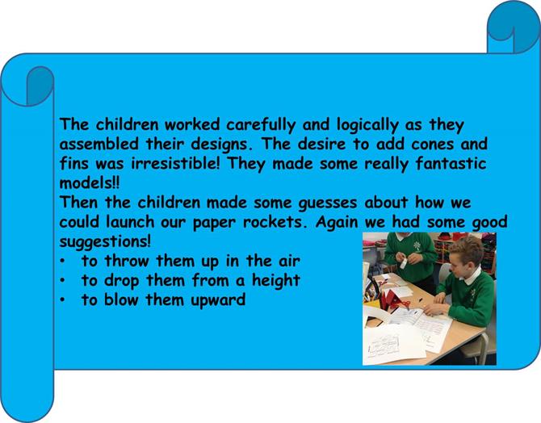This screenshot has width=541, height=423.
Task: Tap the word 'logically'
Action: (367, 125)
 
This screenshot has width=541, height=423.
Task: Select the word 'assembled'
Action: (99, 144)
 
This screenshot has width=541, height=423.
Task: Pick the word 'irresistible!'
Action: (175, 164)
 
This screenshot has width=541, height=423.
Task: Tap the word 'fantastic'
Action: (451, 164)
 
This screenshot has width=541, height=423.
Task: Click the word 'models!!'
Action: (89, 183)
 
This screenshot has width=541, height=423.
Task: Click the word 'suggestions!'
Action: (105, 242)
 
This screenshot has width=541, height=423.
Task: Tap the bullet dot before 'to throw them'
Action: (62, 262)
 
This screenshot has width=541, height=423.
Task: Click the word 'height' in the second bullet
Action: (275, 280)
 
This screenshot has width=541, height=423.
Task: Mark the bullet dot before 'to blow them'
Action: (62, 300)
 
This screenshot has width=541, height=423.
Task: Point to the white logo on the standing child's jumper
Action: (417, 245)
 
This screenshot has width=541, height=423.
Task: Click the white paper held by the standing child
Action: (404, 264)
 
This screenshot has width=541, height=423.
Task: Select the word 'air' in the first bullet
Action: (289, 262)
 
